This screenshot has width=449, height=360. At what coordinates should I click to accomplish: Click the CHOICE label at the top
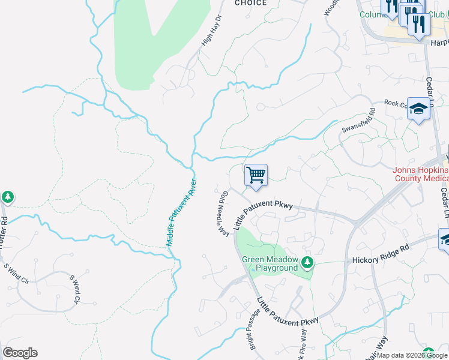[250, 3]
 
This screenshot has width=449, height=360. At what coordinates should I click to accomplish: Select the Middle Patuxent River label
[181, 212]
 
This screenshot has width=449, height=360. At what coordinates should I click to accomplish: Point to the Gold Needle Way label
[220, 213]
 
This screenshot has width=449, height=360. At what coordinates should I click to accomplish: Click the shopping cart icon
[256, 176]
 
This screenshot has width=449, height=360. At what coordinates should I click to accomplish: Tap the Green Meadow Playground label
[270, 263]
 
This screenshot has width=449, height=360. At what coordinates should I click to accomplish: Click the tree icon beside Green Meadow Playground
[307, 262]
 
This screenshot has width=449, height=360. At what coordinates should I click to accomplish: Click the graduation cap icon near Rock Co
[418, 109]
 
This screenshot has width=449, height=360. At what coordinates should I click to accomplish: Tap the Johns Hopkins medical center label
[420, 174]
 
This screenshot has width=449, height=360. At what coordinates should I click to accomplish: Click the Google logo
[20, 353]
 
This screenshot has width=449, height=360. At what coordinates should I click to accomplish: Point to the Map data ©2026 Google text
[412, 355]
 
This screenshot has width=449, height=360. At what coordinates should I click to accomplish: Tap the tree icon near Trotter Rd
[7, 196]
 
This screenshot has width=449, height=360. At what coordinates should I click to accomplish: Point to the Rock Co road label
[396, 103]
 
